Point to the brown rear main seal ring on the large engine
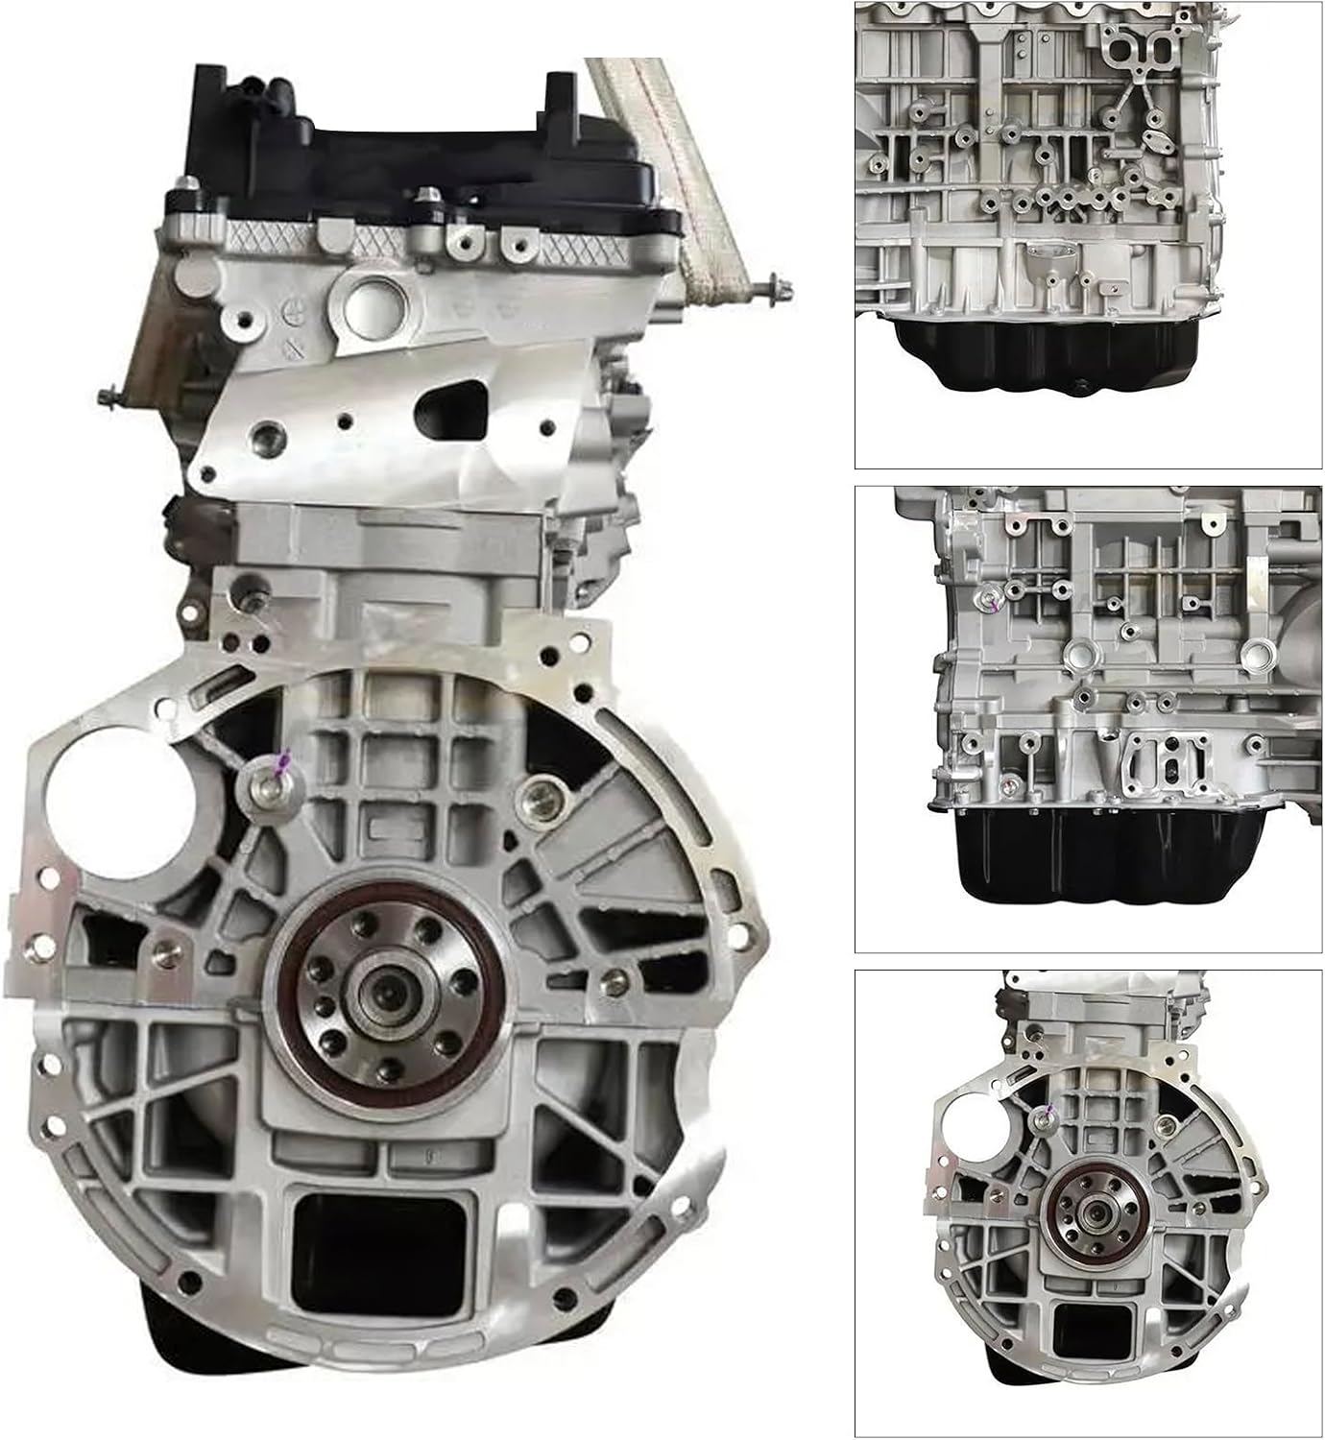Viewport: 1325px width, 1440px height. [x=288, y=1037]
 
